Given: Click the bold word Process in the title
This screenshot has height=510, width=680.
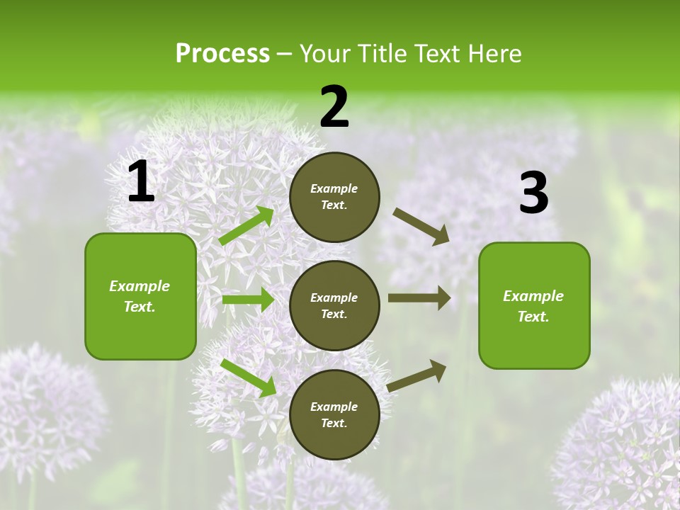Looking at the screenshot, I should pos(222,54).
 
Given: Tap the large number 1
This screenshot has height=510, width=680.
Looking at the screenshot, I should pos(141,182).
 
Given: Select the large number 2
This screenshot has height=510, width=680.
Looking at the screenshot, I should pos(334,107).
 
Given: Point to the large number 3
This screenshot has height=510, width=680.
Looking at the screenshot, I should pos(533,193).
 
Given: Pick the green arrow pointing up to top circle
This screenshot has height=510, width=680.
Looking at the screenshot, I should pos(246,226).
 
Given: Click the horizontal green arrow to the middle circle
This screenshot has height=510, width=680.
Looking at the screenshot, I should pos(247,300).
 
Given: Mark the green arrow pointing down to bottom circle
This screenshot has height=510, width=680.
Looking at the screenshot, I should pos(248,378).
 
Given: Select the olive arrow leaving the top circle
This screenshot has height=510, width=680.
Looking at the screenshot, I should pos(421,227).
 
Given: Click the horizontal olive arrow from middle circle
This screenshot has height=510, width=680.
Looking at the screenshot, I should pos(419,298).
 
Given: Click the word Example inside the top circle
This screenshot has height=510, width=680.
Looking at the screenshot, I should pos(334,189).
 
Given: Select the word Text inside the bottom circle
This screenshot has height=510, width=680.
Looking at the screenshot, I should pos(333,424).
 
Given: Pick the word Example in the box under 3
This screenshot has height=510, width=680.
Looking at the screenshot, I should pos(533,296).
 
